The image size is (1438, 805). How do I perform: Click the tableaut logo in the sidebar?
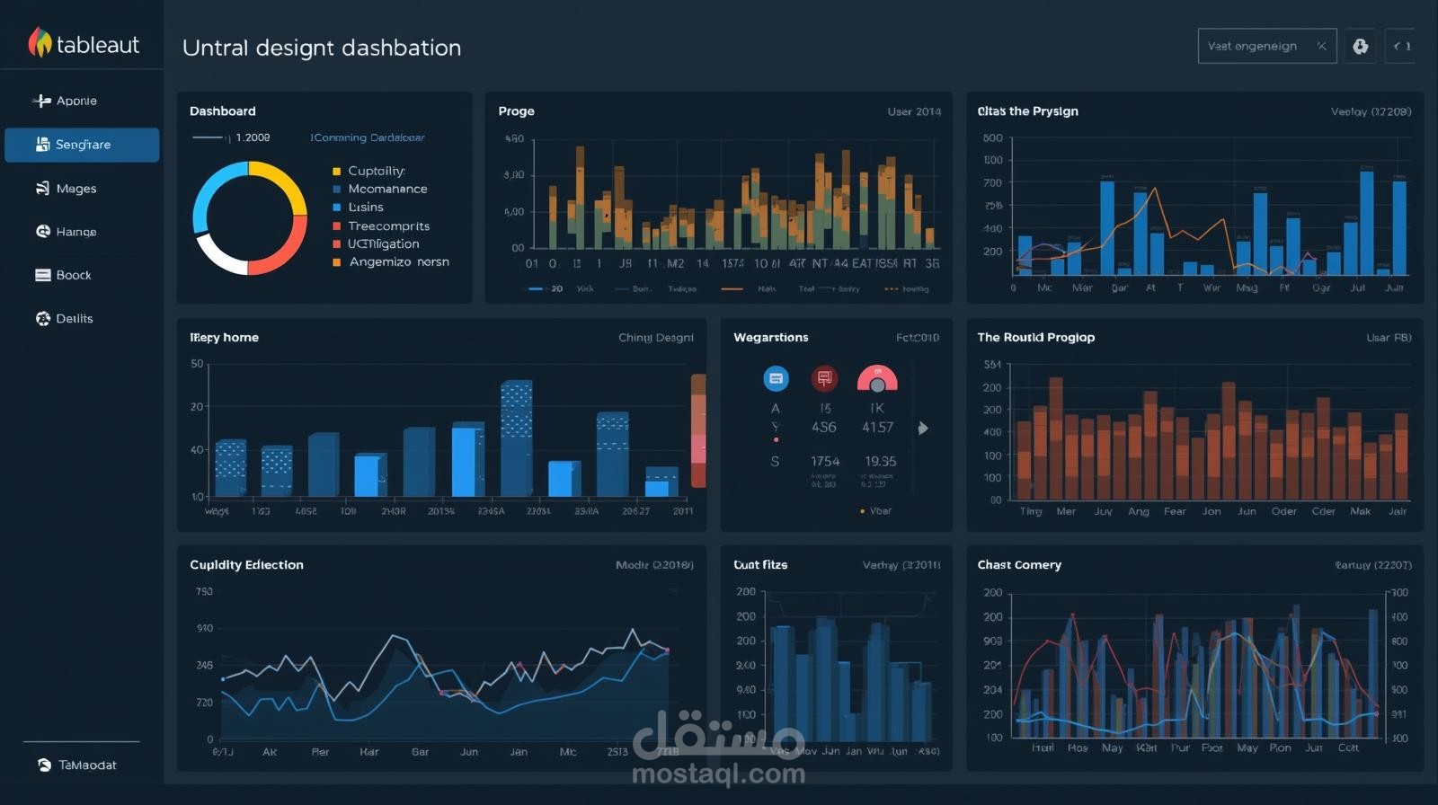84,43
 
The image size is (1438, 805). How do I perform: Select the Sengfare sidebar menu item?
82,145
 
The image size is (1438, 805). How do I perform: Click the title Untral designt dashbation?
321,48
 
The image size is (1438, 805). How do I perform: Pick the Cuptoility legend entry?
376,171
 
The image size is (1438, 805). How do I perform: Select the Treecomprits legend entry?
388,226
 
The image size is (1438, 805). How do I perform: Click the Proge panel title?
516,111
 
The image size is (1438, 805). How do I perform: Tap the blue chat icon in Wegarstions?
776,379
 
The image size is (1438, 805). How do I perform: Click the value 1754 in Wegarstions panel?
824,462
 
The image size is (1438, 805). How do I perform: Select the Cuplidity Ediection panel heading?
246,565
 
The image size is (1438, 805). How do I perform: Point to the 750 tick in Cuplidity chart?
204,592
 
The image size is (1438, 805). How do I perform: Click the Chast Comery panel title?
1019,565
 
